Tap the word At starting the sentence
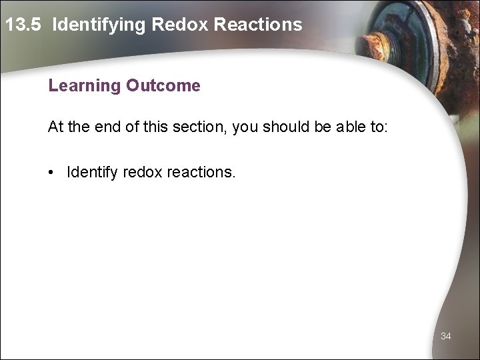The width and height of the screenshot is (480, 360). click(55, 127)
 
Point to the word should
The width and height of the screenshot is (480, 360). click(280, 127)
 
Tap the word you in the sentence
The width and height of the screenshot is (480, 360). click(243, 127)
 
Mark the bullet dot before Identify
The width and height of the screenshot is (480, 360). click(51, 173)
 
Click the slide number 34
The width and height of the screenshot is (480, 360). click(446, 337)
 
